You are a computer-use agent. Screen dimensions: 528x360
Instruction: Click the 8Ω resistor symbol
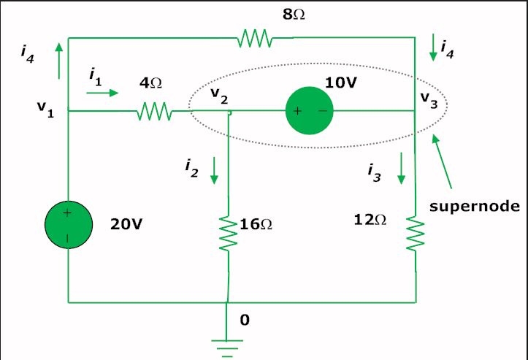[x=255, y=38]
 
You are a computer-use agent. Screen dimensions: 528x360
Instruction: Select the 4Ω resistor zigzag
[x=155, y=111]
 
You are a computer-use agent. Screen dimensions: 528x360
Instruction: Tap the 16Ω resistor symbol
[x=229, y=234]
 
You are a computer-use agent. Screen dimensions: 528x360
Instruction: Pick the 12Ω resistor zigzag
[x=416, y=234]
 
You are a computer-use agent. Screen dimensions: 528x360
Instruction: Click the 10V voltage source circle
[x=310, y=110]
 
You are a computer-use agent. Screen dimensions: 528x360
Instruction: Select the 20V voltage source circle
[x=69, y=225]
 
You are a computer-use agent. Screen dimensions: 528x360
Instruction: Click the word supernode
[x=475, y=206]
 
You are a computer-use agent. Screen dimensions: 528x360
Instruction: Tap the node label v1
[x=45, y=108]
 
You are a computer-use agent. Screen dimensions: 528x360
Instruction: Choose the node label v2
[x=219, y=95]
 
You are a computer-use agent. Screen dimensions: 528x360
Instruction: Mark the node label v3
[x=429, y=100]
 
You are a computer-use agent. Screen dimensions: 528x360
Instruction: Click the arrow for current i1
[x=103, y=93]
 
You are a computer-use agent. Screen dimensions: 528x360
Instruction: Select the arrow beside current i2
[x=214, y=170]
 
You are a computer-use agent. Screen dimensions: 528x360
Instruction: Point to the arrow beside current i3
[x=401, y=169]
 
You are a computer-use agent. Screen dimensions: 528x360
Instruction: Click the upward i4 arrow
[x=59, y=61]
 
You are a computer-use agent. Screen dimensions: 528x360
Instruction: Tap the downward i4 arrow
[x=433, y=47]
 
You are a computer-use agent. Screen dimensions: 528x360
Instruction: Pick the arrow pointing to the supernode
[x=442, y=161]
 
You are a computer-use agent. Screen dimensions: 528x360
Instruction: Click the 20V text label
[x=126, y=224]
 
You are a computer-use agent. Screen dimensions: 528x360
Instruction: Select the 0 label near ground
[x=245, y=320]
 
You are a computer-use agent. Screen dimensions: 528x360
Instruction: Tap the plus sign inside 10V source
[x=297, y=111]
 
